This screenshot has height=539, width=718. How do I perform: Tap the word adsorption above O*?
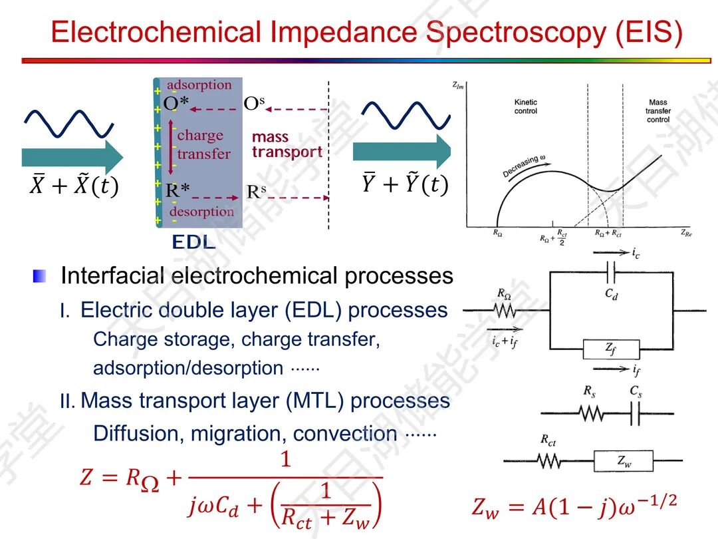click(x=199, y=85)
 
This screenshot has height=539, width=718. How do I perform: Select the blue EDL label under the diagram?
click(x=193, y=242)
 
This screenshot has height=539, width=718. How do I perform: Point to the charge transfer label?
click(x=203, y=144)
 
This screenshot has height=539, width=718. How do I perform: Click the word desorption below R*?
click(x=201, y=212)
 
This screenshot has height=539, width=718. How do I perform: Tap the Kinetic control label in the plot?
click(x=526, y=106)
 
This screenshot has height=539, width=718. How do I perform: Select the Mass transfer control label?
click(x=658, y=111)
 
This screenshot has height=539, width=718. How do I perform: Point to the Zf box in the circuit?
click(x=611, y=349)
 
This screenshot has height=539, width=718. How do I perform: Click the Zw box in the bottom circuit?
click(x=622, y=461)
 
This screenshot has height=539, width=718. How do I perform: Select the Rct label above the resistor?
click(x=548, y=441)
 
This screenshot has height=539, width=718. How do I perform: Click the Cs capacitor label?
click(x=636, y=392)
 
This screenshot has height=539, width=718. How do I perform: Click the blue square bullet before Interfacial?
click(x=40, y=276)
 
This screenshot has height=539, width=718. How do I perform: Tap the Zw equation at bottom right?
click(x=574, y=507)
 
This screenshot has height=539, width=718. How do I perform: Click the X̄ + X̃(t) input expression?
click(x=73, y=187)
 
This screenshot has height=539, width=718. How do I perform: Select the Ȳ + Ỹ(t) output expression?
click(x=404, y=184)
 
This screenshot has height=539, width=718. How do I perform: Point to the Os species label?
click(x=254, y=103)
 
